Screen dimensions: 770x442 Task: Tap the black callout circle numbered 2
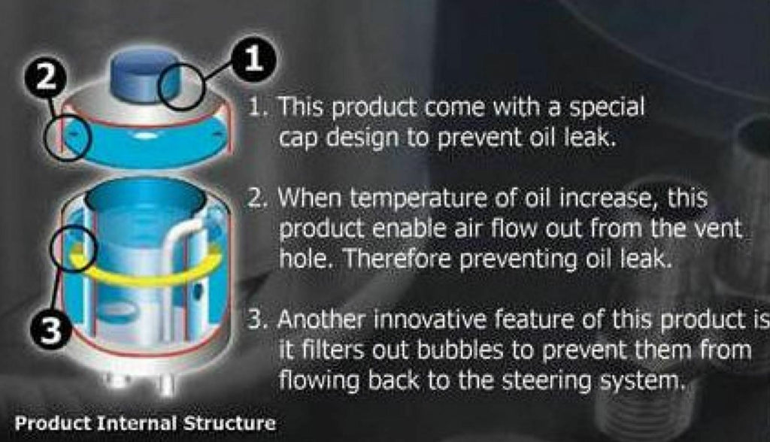(x=46, y=77)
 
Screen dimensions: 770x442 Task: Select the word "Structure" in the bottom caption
(x=229, y=423)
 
